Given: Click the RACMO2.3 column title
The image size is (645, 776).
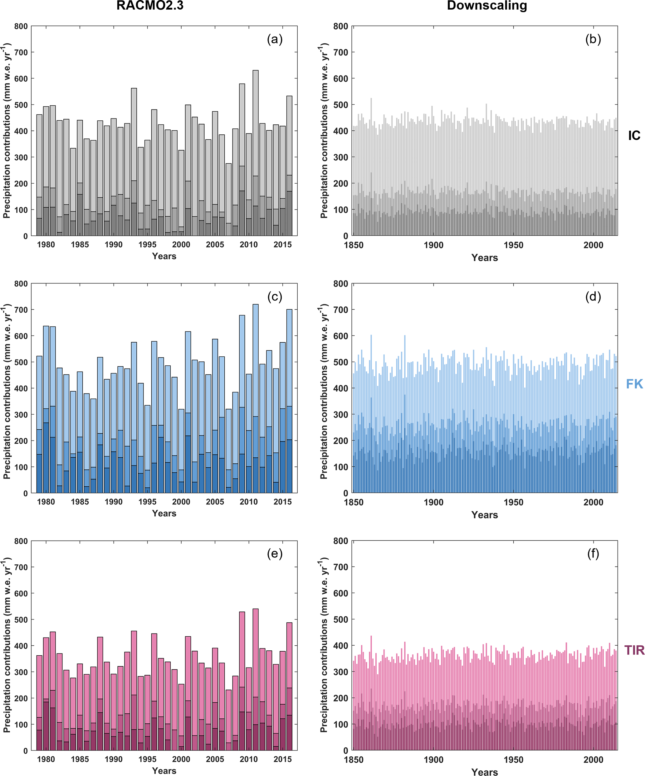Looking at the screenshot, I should tap(149, 6).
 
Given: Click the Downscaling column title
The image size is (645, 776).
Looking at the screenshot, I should tap(487, 6).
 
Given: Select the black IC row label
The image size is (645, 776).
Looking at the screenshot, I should tap(634, 136).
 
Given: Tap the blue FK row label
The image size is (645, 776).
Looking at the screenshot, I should tap(634, 384).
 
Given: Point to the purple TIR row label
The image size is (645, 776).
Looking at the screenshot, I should tap(634, 650).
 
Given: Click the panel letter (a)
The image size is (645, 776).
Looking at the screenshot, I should tap(274, 39).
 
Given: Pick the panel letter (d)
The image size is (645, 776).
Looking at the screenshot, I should tap(593, 296).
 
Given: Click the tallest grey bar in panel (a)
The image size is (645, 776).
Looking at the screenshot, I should tap(256, 148).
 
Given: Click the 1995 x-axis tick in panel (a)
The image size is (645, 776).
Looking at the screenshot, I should tap(147, 245).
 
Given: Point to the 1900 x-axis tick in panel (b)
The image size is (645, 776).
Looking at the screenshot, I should tap(433, 245).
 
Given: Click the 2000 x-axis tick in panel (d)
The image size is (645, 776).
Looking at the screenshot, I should tap(593, 502).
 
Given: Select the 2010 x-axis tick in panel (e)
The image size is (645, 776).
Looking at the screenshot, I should tap(248, 759).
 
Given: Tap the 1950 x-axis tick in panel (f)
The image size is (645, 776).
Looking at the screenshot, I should tap(513, 760).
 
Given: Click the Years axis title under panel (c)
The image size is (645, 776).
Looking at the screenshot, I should tap(164, 513).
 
